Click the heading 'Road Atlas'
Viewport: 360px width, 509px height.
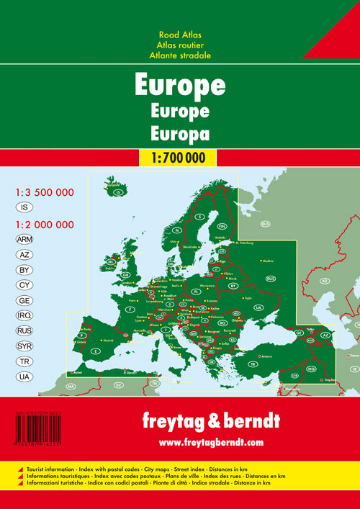(x=179, y=34)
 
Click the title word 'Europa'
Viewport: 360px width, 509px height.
(x=179, y=132)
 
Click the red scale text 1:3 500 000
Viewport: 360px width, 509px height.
(x=45, y=193)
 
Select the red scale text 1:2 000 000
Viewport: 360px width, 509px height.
(x=45, y=225)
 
